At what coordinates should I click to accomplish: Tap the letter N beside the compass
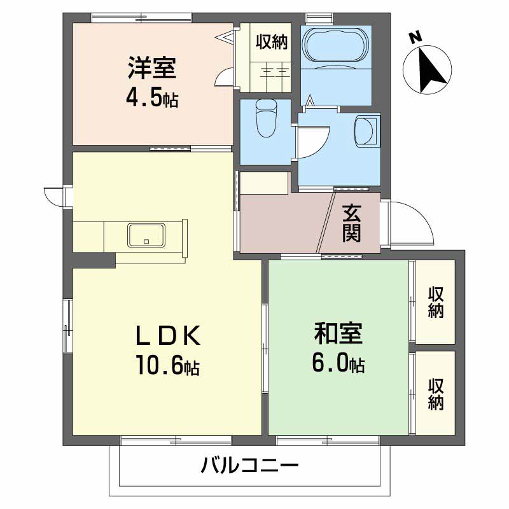(415, 38)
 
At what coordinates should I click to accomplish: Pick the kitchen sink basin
(147, 235)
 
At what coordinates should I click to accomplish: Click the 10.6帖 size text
(167, 365)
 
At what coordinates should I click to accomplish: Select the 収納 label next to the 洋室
(272, 43)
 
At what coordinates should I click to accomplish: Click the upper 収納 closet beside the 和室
(436, 302)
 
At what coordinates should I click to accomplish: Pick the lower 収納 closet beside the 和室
(436, 393)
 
